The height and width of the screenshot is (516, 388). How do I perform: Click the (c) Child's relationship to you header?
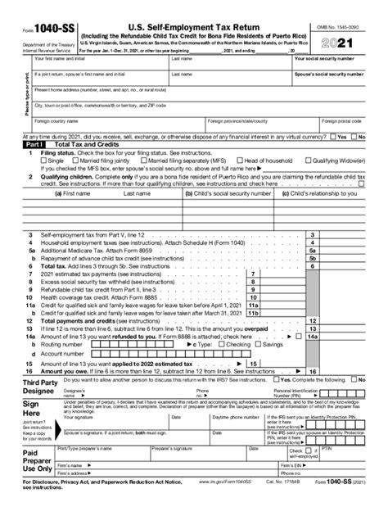332,195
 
